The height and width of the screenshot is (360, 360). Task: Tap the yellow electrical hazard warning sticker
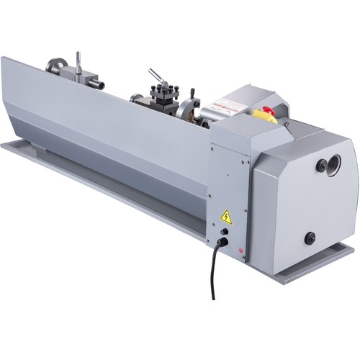pyautogui.click(x=225, y=215)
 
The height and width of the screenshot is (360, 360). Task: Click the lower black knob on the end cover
pyautogui.click(x=310, y=237)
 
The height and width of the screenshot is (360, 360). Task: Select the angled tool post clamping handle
pyautogui.click(x=155, y=76)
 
